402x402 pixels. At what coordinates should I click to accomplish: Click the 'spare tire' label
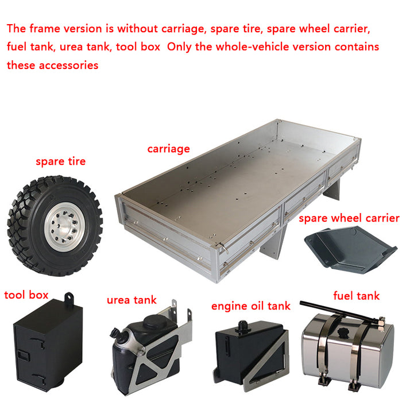pyautogui.click(x=60, y=161)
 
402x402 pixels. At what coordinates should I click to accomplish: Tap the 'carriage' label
pyautogui.click(x=168, y=149)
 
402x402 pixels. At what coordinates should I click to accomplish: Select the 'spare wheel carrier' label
pyautogui.click(x=349, y=218)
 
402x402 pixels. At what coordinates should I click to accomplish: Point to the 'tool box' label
pyautogui.click(x=26, y=295)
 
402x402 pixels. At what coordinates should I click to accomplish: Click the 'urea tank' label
pyautogui.click(x=132, y=300)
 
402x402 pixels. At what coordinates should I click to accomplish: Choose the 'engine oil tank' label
pyautogui.click(x=251, y=306)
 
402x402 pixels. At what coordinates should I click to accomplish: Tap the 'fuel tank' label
pyautogui.click(x=357, y=296)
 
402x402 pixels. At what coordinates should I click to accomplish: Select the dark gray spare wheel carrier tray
pyautogui.click(x=350, y=249)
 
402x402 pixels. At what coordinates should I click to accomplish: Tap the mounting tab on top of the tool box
pyautogui.click(x=69, y=299)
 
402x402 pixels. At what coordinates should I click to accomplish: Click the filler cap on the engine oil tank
pyautogui.click(x=242, y=327)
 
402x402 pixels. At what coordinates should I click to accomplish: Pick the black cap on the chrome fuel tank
pyautogui.click(x=344, y=333)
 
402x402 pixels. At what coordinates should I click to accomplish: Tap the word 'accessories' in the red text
pyautogui.click(x=68, y=65)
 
